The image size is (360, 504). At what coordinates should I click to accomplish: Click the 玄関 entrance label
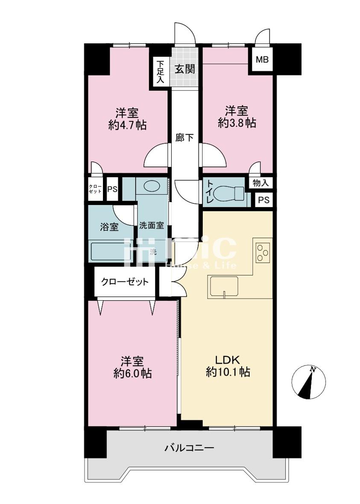pyautogui.click(x=185, y=68)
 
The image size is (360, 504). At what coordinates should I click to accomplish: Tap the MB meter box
pyautogui.click(x=262, y=60)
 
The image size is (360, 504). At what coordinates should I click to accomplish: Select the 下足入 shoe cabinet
pyautogui.click(x=160, y=72)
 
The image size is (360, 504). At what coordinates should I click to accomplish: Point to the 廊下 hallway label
pyautogui.click(x=185, y=138)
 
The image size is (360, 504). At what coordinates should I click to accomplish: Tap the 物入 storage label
pyautogui.click(x=260, y=183)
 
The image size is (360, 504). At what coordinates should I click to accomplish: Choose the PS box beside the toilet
pyautogui.click(x=263, y=200)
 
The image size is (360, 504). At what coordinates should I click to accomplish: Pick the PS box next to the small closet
pyautogui.click(x=112, y=189)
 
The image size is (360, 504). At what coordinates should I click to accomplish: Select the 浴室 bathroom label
pyautogui.click(x=109, y=227)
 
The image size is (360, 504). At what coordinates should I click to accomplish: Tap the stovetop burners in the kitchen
pyautogui.click(x=263, y=252)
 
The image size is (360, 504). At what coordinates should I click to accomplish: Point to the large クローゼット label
pyautogui.click(x=125, y=282)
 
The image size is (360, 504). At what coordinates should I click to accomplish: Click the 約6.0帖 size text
pyautogui.click(x=132, y=373)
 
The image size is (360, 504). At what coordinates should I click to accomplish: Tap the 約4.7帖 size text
pyautogui.click(x=128, y=125)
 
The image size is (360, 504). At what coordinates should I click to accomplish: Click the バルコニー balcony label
pyautogui.click(x=189, y=448)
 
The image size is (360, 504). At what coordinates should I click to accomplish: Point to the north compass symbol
pyautogui.click(x=308, y=382)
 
